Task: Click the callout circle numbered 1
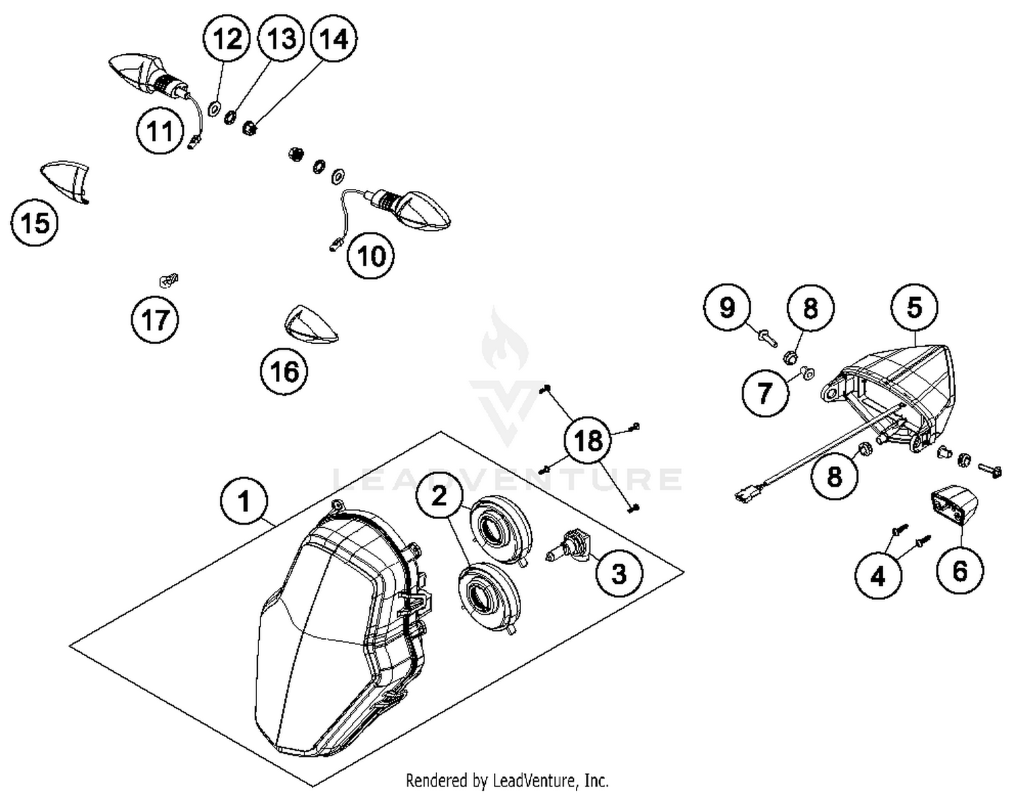click(244, 502)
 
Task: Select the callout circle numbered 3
click(619, 573)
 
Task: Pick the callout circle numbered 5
click(913, 308)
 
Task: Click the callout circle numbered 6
click(960, 571)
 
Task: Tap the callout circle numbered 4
click(878, 576)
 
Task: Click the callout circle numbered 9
click(727, 308)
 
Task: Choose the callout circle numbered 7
click(765, 393)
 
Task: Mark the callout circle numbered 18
click(587, 441)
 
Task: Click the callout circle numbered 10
click(371, 257)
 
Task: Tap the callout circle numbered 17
click(156, 319)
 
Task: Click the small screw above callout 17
click(168, 279)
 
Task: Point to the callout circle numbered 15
click(35, 222)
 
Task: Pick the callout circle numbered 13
click(280, 39)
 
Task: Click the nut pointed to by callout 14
click(248, 127)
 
